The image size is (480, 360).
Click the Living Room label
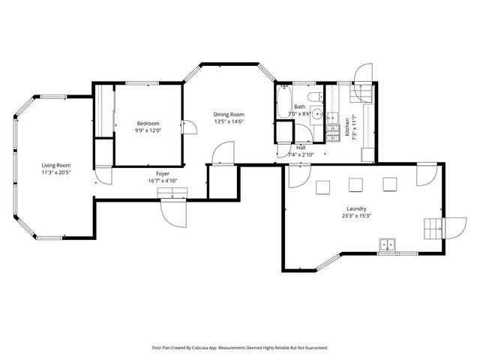pyautogui.click(x=55, y=165)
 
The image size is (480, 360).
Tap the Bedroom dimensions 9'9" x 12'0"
pyautogui.click(x=148, y=130)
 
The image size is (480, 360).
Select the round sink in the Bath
pyautogui.click(x=317, y=115)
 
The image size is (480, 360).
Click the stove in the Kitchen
pyautogui.click(x=333, y=134)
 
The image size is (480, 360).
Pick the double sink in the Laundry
pyautogui.click(x=388, y=244)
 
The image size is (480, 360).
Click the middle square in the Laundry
pyautogui.click(x=355, y=184)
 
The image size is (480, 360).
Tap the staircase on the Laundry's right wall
pyautogui.click(x=434, y=226)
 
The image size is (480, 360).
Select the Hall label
pyautogui.click(x=301, y=148)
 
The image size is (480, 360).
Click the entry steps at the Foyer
pyautogui.click(x=172, y=195)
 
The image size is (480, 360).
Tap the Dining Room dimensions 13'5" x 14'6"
pyautogui.click(x=229, y=122)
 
